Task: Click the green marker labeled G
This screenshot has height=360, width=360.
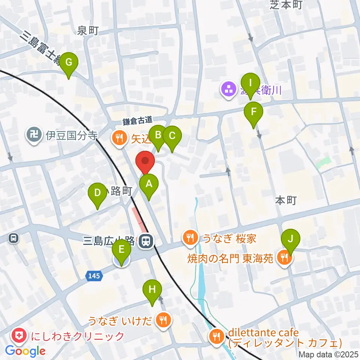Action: (69, 63)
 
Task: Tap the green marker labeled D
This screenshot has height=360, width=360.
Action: (97, 193)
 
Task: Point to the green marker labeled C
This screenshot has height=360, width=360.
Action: (172, 136)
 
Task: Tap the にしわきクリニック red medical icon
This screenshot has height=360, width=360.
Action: (19, 336)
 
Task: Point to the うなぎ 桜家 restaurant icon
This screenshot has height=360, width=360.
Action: (191, 237)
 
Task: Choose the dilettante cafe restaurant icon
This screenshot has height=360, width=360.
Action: (216, 335)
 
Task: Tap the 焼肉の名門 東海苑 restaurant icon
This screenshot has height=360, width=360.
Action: (284, 257)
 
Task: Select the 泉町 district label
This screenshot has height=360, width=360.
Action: (88, 30)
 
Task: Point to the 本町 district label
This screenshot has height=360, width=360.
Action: (286, 201)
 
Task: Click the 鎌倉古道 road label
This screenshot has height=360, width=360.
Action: (137, 121)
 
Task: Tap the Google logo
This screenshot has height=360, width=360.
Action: (25, 351)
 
